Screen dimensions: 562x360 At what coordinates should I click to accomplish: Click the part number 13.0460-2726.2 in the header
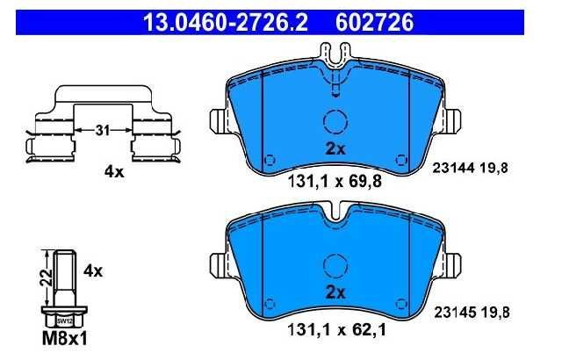click(x=225, y=22)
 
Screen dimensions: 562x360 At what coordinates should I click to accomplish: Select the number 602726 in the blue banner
click(x=374, y=22)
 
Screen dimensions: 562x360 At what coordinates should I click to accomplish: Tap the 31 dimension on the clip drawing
click(x=103, y=130)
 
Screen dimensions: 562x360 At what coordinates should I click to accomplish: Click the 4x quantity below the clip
click(x=114, y=172)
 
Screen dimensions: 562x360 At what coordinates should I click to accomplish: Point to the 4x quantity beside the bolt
click(x=93, y=271)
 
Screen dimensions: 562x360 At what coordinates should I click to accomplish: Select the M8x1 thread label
click(x=64, y=339)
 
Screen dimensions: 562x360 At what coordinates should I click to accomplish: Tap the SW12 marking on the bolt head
click(x=64, y=321)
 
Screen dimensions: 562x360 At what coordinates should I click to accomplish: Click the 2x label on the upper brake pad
click(x=335, y=148)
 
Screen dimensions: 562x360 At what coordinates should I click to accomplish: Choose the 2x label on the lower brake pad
click(x=335, y=292)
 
